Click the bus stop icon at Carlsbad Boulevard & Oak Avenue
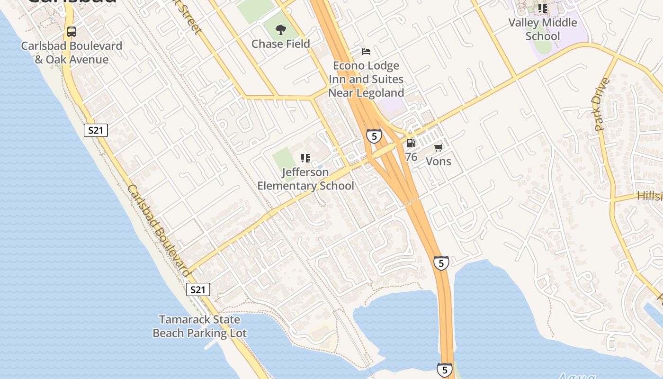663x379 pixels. (72, 32)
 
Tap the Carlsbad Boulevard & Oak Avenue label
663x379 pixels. (72, 53)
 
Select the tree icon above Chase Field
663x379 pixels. (281, 30)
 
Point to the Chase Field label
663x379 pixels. (281, 44)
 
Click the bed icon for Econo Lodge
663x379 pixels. (366, 51)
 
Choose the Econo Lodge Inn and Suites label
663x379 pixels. (366, 79)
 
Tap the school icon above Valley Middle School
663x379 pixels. (543, 9)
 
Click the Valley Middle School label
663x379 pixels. (543, 29)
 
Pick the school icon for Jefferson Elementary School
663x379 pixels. (305, 158)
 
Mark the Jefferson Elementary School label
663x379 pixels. (305, 179)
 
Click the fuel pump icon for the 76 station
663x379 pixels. (411, 143)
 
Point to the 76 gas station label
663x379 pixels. (411, 157)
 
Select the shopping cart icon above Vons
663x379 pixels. (439, 147)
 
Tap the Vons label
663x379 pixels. (439, 161)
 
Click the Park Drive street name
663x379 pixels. (601, 104)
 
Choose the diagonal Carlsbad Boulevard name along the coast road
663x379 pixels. (159, 230)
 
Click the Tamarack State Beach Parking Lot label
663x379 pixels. (199, 326)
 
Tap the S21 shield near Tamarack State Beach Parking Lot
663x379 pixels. (197, 289)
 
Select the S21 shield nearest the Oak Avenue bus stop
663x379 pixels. (96, 130)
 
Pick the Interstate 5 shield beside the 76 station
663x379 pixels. (374, 136)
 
